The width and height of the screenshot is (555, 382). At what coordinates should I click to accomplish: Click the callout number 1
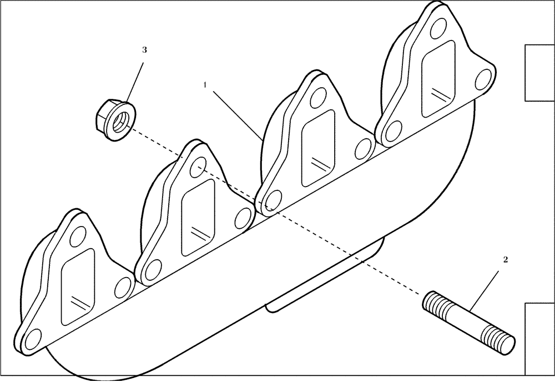pyautogui.click(x=205, y=84)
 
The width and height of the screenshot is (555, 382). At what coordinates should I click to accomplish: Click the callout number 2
pyautogui.click(x=506, y=259)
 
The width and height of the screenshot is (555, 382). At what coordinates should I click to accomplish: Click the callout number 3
pyautogui.click(x=144, y=50)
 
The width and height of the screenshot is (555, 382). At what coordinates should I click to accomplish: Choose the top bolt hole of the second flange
pyautogui.click(x=198, y=165)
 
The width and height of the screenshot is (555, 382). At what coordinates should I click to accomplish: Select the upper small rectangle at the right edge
pyautogui.click(x=539, y=73)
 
